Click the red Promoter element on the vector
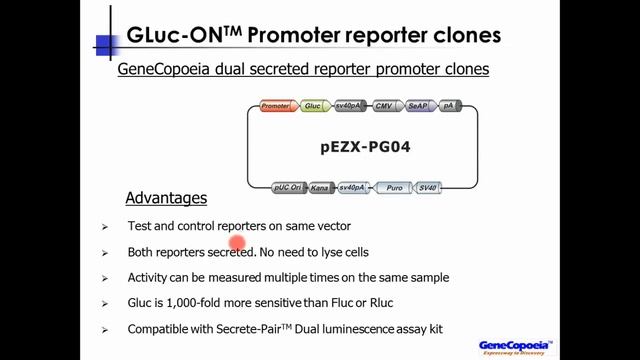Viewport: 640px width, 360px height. click(275, 105)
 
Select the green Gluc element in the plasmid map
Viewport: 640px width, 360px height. click(313, 105)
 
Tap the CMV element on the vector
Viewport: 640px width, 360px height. click(383, 105)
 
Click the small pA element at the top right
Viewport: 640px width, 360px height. click(448, 105)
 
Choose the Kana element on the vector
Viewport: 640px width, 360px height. click(320, 187)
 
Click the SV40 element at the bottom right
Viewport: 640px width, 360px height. click(428, 187)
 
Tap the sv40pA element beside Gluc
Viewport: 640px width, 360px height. click(348, 105)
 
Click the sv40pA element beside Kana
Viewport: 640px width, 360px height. click(354, 187)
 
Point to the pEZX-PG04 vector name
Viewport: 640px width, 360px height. click(366, 147)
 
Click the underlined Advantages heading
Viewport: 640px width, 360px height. click(166, 198)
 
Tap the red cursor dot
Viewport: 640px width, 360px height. click(238, 243)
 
